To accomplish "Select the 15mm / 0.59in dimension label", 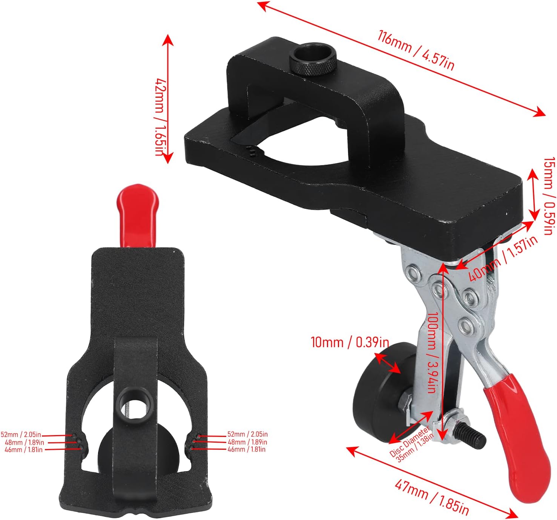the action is (x=549, y=195).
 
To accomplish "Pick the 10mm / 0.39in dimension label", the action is (x=350, y=342).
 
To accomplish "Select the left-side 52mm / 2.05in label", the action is (x=21, y=435).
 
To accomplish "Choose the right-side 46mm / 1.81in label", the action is (x=247, y=449).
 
